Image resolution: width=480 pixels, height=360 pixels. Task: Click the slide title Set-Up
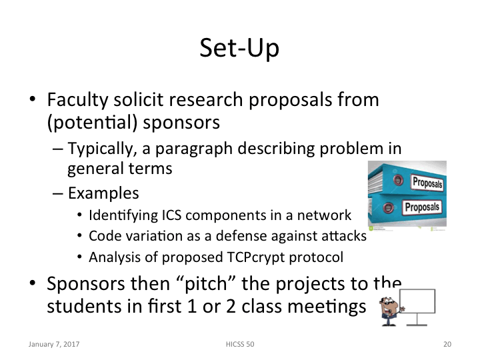[240, 49]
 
